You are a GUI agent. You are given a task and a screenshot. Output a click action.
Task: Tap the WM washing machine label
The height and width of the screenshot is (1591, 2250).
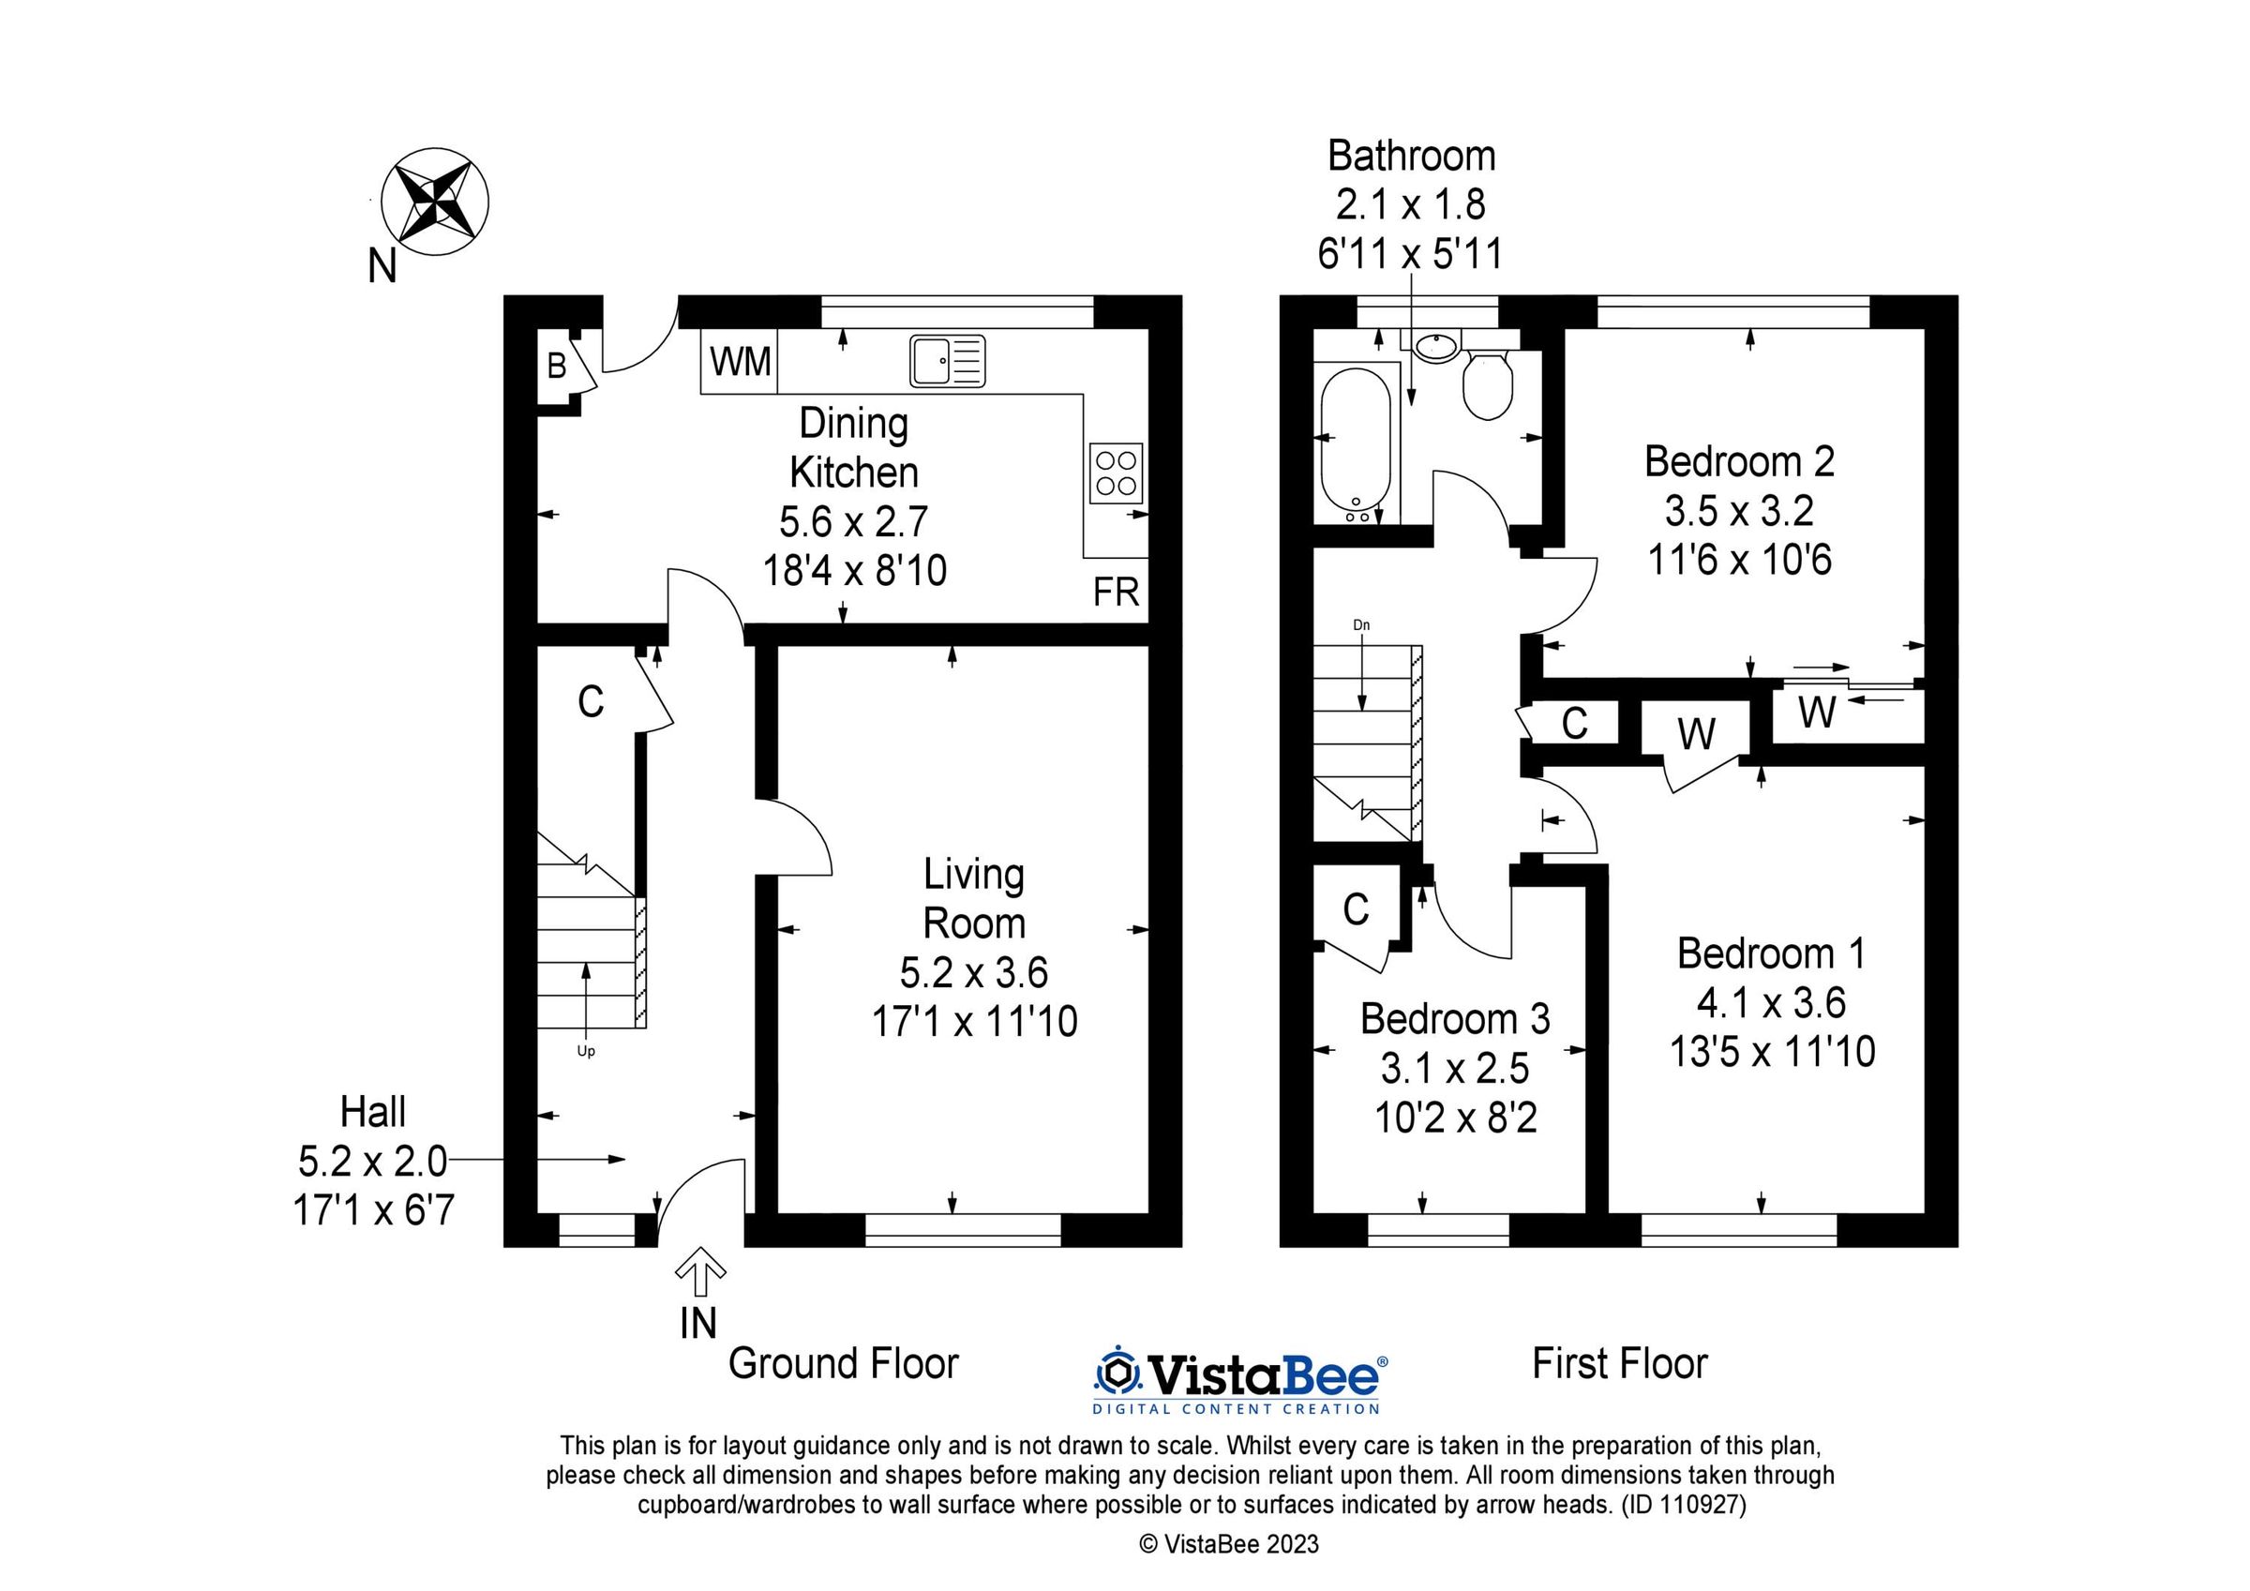(x=741, y=362)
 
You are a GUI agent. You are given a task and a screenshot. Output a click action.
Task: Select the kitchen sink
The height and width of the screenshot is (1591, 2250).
(x=947, y=361)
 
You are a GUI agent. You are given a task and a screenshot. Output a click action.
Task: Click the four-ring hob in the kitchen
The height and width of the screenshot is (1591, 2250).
(x=1117, y=473)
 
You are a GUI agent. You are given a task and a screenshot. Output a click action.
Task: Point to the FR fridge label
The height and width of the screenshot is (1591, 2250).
(x=1117, y=593)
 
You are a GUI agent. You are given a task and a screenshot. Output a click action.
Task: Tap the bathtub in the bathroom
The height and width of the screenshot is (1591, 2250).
(x=1355, y=445)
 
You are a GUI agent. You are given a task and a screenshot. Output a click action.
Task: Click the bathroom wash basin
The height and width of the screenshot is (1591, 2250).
(x=1436, y=346)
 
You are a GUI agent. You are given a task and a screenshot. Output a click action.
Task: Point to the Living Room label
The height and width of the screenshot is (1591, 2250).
(x=974, y=898)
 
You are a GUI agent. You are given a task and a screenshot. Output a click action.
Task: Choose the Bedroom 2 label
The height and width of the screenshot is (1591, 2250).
(x=1739, y=460)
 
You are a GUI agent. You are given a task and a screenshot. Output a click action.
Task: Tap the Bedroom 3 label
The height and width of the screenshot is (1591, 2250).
(x=1455, y=1018)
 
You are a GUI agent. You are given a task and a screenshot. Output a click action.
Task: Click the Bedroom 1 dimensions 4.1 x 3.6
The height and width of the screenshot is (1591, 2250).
(x=1772, y=1003)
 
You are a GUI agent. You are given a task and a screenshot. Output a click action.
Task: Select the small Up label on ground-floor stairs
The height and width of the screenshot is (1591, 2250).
(x=586, y=1052)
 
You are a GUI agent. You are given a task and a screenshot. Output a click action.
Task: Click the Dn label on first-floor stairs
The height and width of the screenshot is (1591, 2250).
(x=1361, y=624)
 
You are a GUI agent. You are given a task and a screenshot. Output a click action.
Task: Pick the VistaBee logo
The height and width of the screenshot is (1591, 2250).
(x=1238, y=1382)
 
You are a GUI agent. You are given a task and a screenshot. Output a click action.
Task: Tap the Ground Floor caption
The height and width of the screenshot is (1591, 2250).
(x=843, y=1363)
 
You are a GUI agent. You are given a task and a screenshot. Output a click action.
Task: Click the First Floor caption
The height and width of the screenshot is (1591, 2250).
(x=1620, y=1363)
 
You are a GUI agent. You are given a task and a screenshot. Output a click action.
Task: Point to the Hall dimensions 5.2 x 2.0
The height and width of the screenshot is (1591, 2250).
(x=372, y=1162)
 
